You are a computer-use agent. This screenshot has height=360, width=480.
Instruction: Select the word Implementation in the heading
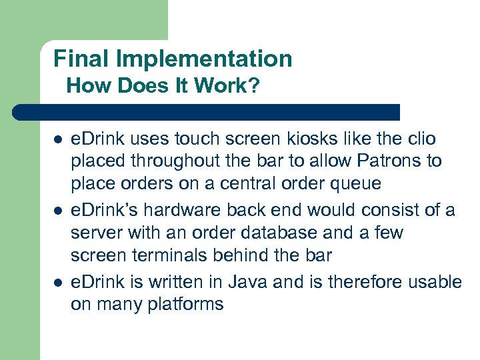[204, 60]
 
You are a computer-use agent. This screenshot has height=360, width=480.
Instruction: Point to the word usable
[433, 282]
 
